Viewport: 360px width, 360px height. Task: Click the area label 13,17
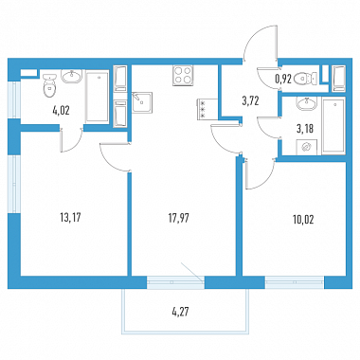(x=70, y=217)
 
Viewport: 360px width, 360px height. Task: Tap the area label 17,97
(x=179, y=218)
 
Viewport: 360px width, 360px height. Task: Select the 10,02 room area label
(x=303, y=219)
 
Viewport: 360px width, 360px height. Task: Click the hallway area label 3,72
(x=250, y=101)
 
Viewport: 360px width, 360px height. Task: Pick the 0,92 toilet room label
(x=283, y=79)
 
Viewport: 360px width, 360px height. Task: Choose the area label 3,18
(x=305, y=129)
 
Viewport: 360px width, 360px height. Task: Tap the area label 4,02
(x=61, y=111)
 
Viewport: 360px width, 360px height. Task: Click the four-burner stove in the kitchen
(x=183, y=76)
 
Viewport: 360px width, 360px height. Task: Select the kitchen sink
(x=142, y=101)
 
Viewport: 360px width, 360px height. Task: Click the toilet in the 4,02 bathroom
(x=49, y=85)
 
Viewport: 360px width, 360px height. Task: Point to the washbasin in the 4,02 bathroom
(x=72, y=77)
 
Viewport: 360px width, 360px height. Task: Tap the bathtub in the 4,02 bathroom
(x=98, y=98)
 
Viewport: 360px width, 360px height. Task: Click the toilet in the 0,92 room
(x=305, y=79)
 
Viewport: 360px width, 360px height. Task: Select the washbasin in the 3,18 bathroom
(x=306, y=103)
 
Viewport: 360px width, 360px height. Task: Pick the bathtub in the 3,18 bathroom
(x=333, y=126)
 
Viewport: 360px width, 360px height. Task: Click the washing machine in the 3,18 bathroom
(x=306, y=147)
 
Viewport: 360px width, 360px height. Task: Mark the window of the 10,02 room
(x=295, y=282)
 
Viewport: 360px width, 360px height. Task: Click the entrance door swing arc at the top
(x=257, y=39)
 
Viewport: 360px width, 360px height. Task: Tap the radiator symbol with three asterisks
(x=203, y=109)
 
